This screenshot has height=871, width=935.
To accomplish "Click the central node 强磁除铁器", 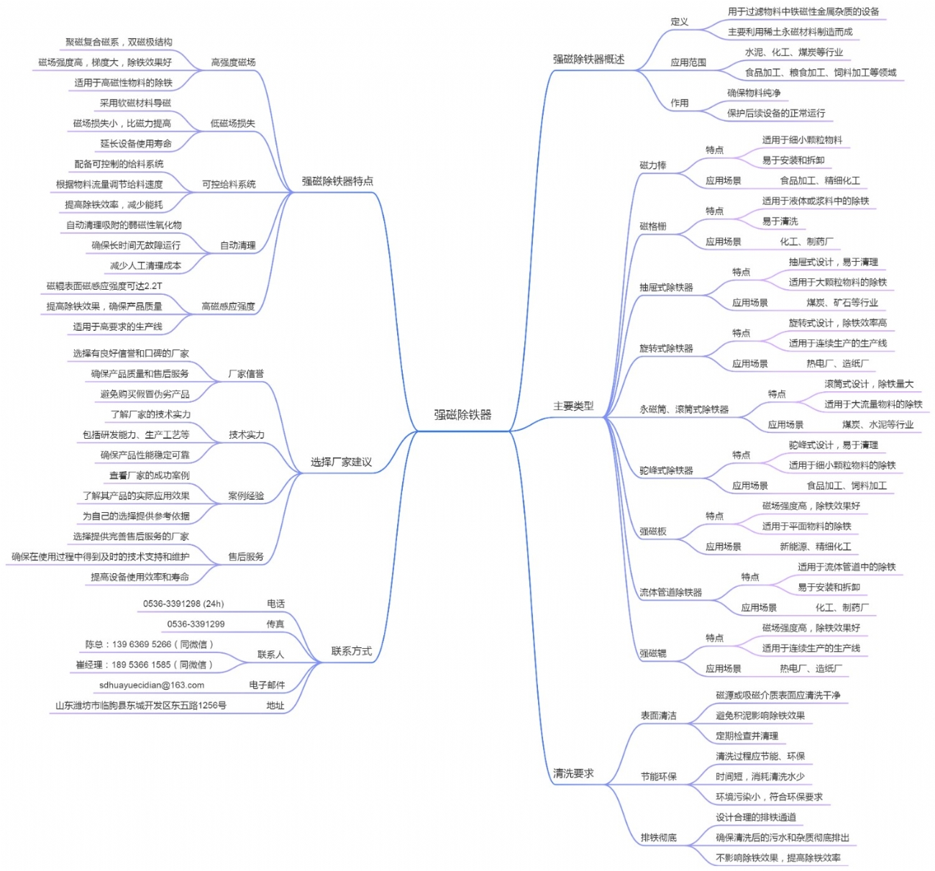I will tap(462, 415).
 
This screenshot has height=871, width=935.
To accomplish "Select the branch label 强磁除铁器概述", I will tap(588, 60).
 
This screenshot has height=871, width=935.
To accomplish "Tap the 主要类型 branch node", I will tap(573, 406).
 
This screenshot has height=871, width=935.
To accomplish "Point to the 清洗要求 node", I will tap(573, 774).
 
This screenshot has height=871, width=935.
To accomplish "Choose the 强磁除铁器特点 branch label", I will tap(337, 181).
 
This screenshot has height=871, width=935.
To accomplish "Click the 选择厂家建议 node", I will tap(341, 462).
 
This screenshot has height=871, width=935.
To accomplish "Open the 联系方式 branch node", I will tap(351, 652).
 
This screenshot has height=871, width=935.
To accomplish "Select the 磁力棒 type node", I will tap(653, 165).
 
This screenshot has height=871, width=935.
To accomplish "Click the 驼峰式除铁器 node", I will tap(666, 471).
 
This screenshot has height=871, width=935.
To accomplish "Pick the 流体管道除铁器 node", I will tap(670, 593).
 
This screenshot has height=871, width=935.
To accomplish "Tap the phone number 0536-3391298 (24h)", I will tap(183, 604).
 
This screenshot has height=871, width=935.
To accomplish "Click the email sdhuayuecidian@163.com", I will tap(152, 685).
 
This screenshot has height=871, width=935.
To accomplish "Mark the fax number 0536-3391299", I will tap(196, 624).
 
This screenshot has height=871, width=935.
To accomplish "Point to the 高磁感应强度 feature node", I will tap(228, 307).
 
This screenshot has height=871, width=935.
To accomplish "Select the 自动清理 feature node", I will tap(237, 246).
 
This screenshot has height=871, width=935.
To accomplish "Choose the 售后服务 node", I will tap(246, 557).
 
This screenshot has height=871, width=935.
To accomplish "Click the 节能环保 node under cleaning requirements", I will tap(658, 777).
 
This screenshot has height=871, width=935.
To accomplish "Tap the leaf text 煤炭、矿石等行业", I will tap(841, 303).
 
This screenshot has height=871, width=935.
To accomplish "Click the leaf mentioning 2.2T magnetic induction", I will tap(104, 286).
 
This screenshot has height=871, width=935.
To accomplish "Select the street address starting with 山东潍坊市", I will tap(141, 706).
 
